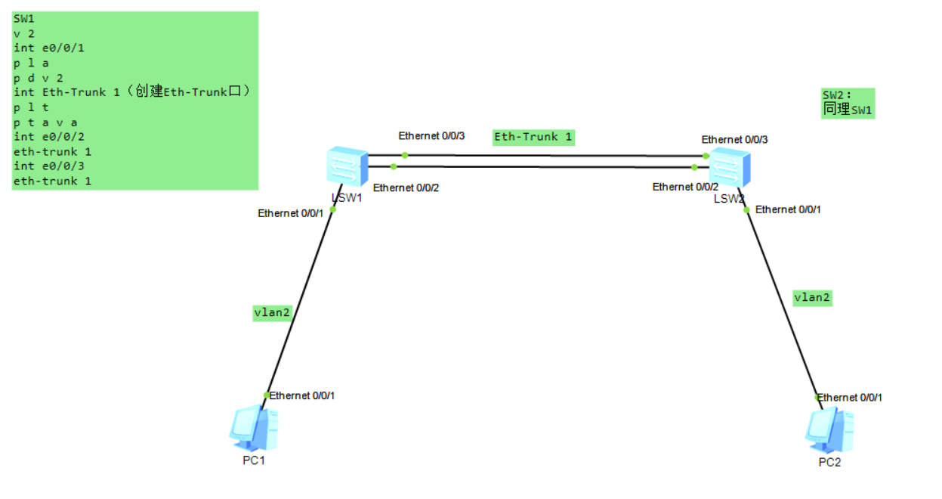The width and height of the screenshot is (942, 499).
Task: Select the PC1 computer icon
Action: click(x=254, y=429)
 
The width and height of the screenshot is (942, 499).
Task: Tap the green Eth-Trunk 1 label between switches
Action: click(x=533, y=137)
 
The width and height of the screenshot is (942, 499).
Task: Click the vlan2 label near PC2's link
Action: click(x=812, y=297)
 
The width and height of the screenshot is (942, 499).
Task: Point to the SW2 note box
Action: click(x=848, y=103)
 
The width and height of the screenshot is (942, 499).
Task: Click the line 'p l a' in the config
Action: click(x=31, y=63)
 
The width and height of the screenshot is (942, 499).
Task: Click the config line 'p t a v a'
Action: click(x=45, y=122)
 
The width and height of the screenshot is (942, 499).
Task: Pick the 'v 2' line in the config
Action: click(x=23, y=33)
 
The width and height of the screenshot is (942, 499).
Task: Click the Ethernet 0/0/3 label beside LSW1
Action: click(x=431, y=135)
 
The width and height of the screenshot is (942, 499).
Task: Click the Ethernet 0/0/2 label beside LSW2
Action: click(x=685, y=187)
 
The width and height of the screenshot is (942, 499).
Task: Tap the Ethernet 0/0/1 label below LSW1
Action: click(x=290, y=213)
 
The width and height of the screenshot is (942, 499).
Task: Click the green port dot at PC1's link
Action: click(x=267, y=395)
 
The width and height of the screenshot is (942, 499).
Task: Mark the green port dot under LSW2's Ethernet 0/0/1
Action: click(x=746, y=210)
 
